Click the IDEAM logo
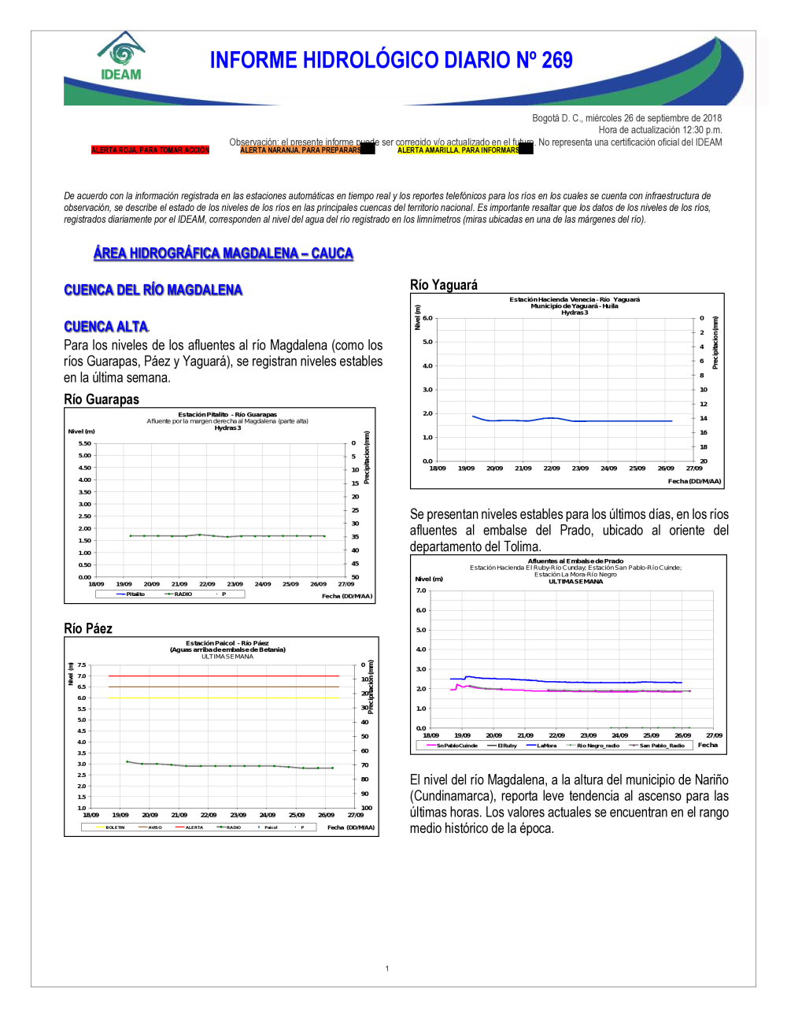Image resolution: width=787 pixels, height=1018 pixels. pyautogui.click(x=120, y=57)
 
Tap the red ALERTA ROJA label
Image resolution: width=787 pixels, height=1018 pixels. pyautogui.click(x=150, y=150)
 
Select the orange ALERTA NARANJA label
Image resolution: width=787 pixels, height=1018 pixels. pyautogui.click(x=301, y=150)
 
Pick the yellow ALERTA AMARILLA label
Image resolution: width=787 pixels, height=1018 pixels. pyautogui.click(x=458, y=150)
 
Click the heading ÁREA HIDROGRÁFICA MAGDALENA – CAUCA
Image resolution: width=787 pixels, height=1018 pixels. pyautogui.click(x=223, y=254)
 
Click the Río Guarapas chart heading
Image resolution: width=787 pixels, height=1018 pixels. pyautogui.click(x=102, y=399)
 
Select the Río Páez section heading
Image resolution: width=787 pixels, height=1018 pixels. pyautogui.click(x=88, y=628)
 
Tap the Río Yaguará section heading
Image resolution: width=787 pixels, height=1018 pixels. pyautogui.click(x=444, y=285)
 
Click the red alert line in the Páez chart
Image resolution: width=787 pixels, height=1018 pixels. pyautogui.click(x=224, y=676)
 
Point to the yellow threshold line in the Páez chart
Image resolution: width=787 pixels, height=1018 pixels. pyautogui.click(x=224, y=698)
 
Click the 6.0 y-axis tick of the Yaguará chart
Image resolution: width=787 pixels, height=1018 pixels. pyautogui.click(x=427, y=318)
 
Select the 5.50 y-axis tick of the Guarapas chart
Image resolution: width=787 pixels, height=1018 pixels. pyautogui.click(x=84, y=443)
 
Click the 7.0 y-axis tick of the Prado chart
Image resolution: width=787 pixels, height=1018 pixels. pyautogui.click(x=421, y=590)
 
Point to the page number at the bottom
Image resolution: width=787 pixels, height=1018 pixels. pyautogui.click(x=387, y=968)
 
